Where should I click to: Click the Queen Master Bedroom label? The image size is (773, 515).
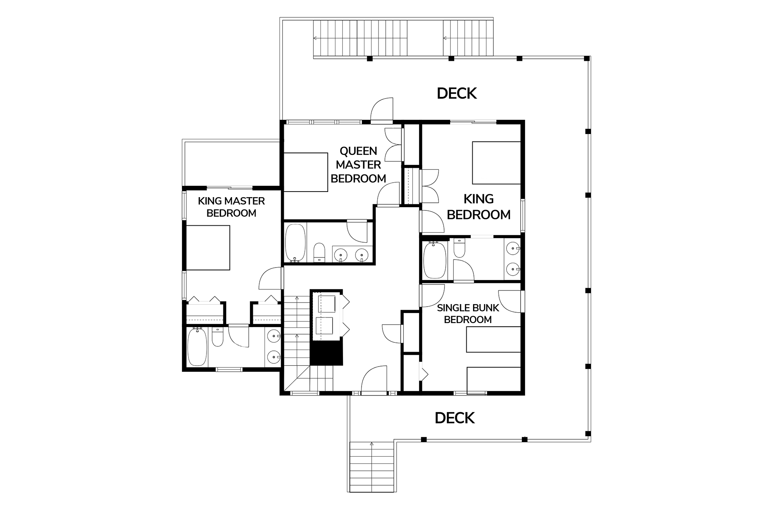point(358,165)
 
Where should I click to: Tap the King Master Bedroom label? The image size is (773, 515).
point(231,207)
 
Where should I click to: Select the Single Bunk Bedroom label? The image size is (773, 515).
point(468,313)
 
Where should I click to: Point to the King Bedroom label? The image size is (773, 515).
point(479,206)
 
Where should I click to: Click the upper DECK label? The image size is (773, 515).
point(457,93)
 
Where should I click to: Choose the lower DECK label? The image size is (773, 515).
point(455,418)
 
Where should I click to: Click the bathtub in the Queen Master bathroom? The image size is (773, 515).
point(296,243)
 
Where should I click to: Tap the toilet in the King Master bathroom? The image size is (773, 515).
point(217,337)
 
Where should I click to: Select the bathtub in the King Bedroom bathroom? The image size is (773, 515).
point(434,260)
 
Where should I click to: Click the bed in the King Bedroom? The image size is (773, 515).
point(496,163)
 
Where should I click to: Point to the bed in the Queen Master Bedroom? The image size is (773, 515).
point(306,172)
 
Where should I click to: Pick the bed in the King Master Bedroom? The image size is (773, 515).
point(208,247)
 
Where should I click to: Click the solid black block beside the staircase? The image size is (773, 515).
point(326,352)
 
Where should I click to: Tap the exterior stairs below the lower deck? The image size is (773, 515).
point(372,467)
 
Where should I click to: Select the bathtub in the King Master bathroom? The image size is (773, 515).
point(197,347)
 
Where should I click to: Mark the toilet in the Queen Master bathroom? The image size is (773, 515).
point(319,252)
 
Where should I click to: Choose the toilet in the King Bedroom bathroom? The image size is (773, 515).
point(459,248)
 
